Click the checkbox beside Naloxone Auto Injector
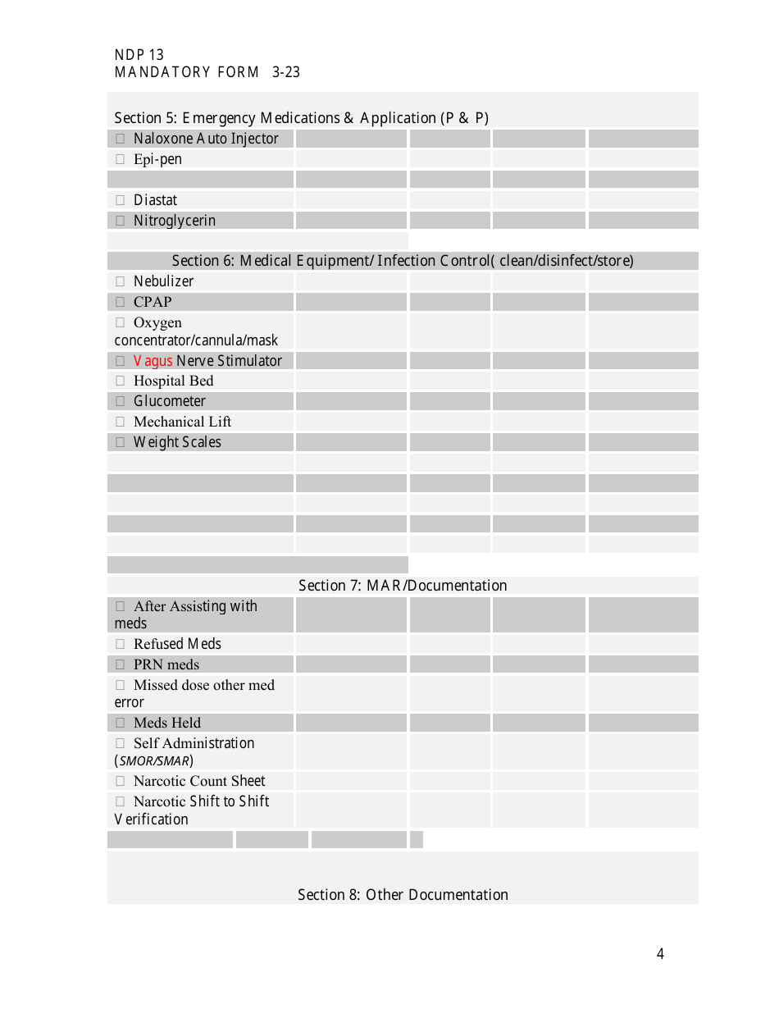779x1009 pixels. [120, 139]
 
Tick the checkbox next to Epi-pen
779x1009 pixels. [120, 159]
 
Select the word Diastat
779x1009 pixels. [155, 200]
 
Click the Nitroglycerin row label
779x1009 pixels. [174, 221]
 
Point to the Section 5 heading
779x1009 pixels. [301, 118]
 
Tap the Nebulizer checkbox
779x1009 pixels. [120, 281]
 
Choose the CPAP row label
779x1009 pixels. [153, 302]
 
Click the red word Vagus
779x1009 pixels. [153, 361]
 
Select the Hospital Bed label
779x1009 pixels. [173, 381]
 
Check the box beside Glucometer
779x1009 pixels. [120, 401]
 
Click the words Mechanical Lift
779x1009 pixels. [182, 422]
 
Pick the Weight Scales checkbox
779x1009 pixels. [120, 442]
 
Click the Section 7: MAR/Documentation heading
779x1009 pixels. [403, 586]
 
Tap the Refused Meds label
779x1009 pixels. [177, 644]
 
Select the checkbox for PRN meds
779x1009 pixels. [120, 664]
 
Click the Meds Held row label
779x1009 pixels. [166, 723]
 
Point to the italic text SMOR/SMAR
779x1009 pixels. [154, 761]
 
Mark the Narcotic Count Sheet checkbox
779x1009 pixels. [120, 781]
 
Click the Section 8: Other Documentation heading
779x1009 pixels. [403, 895]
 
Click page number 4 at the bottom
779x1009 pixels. [660, 954]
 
